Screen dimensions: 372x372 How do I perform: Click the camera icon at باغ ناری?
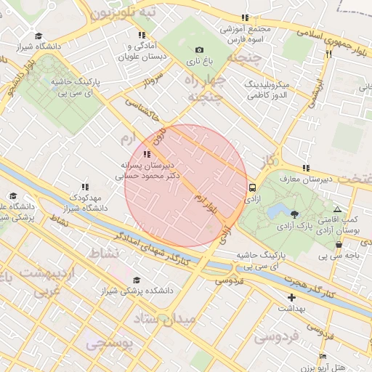tap(199, 50)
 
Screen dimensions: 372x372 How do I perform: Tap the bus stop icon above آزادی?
tap(252, 186)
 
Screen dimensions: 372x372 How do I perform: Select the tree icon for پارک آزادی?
tap(294, 214)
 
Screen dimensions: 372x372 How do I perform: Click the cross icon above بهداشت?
tap(292, 297)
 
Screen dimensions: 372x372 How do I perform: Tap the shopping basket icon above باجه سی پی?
tap(339, 244)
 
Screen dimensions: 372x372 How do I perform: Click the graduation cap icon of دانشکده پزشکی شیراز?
tap(136, 280)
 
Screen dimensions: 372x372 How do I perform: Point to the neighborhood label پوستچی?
tap(110, 343)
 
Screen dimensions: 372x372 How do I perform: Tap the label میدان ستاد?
tap(166, 318)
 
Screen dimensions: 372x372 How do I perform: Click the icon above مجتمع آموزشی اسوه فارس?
tap(245, 17)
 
